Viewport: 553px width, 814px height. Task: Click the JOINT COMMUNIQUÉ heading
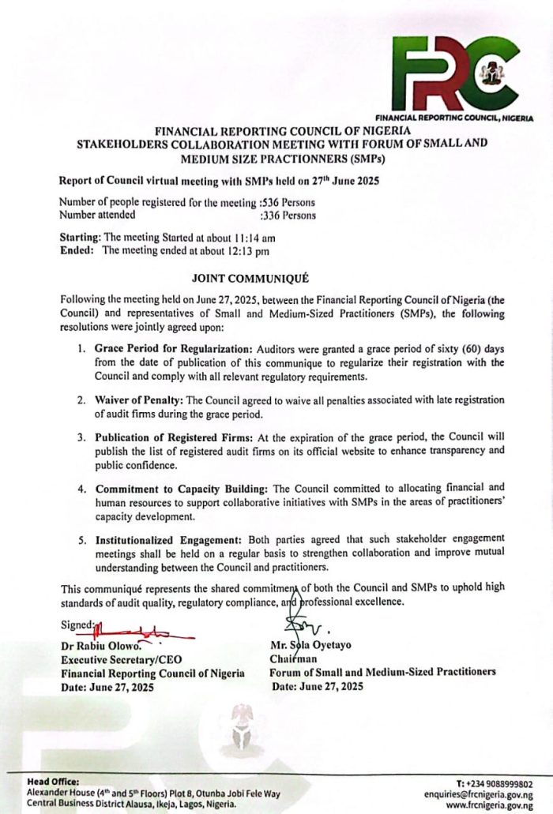(250, 279)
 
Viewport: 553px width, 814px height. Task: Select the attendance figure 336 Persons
(288, 214)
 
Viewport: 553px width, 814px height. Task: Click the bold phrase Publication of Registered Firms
(178, 437)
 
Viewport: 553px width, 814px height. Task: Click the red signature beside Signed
(142, 631)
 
